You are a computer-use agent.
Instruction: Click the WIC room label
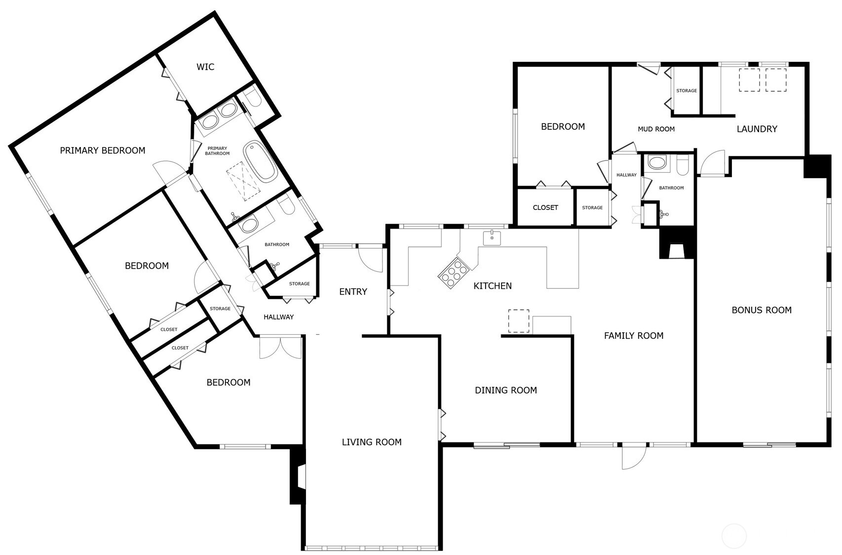click(205, 67)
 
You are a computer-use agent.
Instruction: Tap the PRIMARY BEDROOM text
click(103, 151)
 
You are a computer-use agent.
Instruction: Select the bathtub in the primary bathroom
click(260, 161)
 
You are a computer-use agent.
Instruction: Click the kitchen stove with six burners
click(453, 273)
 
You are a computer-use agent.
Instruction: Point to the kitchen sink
click(492, 238)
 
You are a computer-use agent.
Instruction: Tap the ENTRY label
click(353, 292)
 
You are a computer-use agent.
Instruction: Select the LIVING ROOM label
click(372, 442)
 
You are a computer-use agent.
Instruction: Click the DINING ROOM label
click(506, 390)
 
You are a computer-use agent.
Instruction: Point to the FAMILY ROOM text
click(634, 336)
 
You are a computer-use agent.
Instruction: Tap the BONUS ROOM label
click(762, 310)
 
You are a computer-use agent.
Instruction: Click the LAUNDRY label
click(757, 129)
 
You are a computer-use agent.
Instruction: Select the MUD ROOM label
click(656, 129)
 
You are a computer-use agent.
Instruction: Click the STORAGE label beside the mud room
click(687, 91)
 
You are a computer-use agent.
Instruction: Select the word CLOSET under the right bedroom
click(545, 207)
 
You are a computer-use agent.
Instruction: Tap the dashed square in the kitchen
click(519, 321)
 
